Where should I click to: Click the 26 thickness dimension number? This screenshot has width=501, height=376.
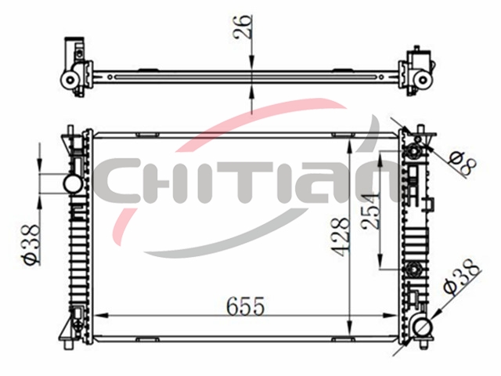(x=243, y=27)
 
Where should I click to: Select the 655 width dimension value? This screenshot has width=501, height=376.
(x=245, y=306)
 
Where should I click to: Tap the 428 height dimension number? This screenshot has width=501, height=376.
(x=340, y=237)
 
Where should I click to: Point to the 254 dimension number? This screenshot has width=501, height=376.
(x=370, y=211)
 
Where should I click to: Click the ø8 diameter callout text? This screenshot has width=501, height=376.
(x=463, y=164)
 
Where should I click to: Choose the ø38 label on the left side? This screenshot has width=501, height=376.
(x=33, y=244)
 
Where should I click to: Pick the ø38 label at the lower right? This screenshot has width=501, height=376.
(x=463, y=276)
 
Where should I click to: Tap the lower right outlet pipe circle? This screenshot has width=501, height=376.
(x=423, y=327)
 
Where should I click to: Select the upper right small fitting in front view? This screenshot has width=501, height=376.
(x=413, y=150)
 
